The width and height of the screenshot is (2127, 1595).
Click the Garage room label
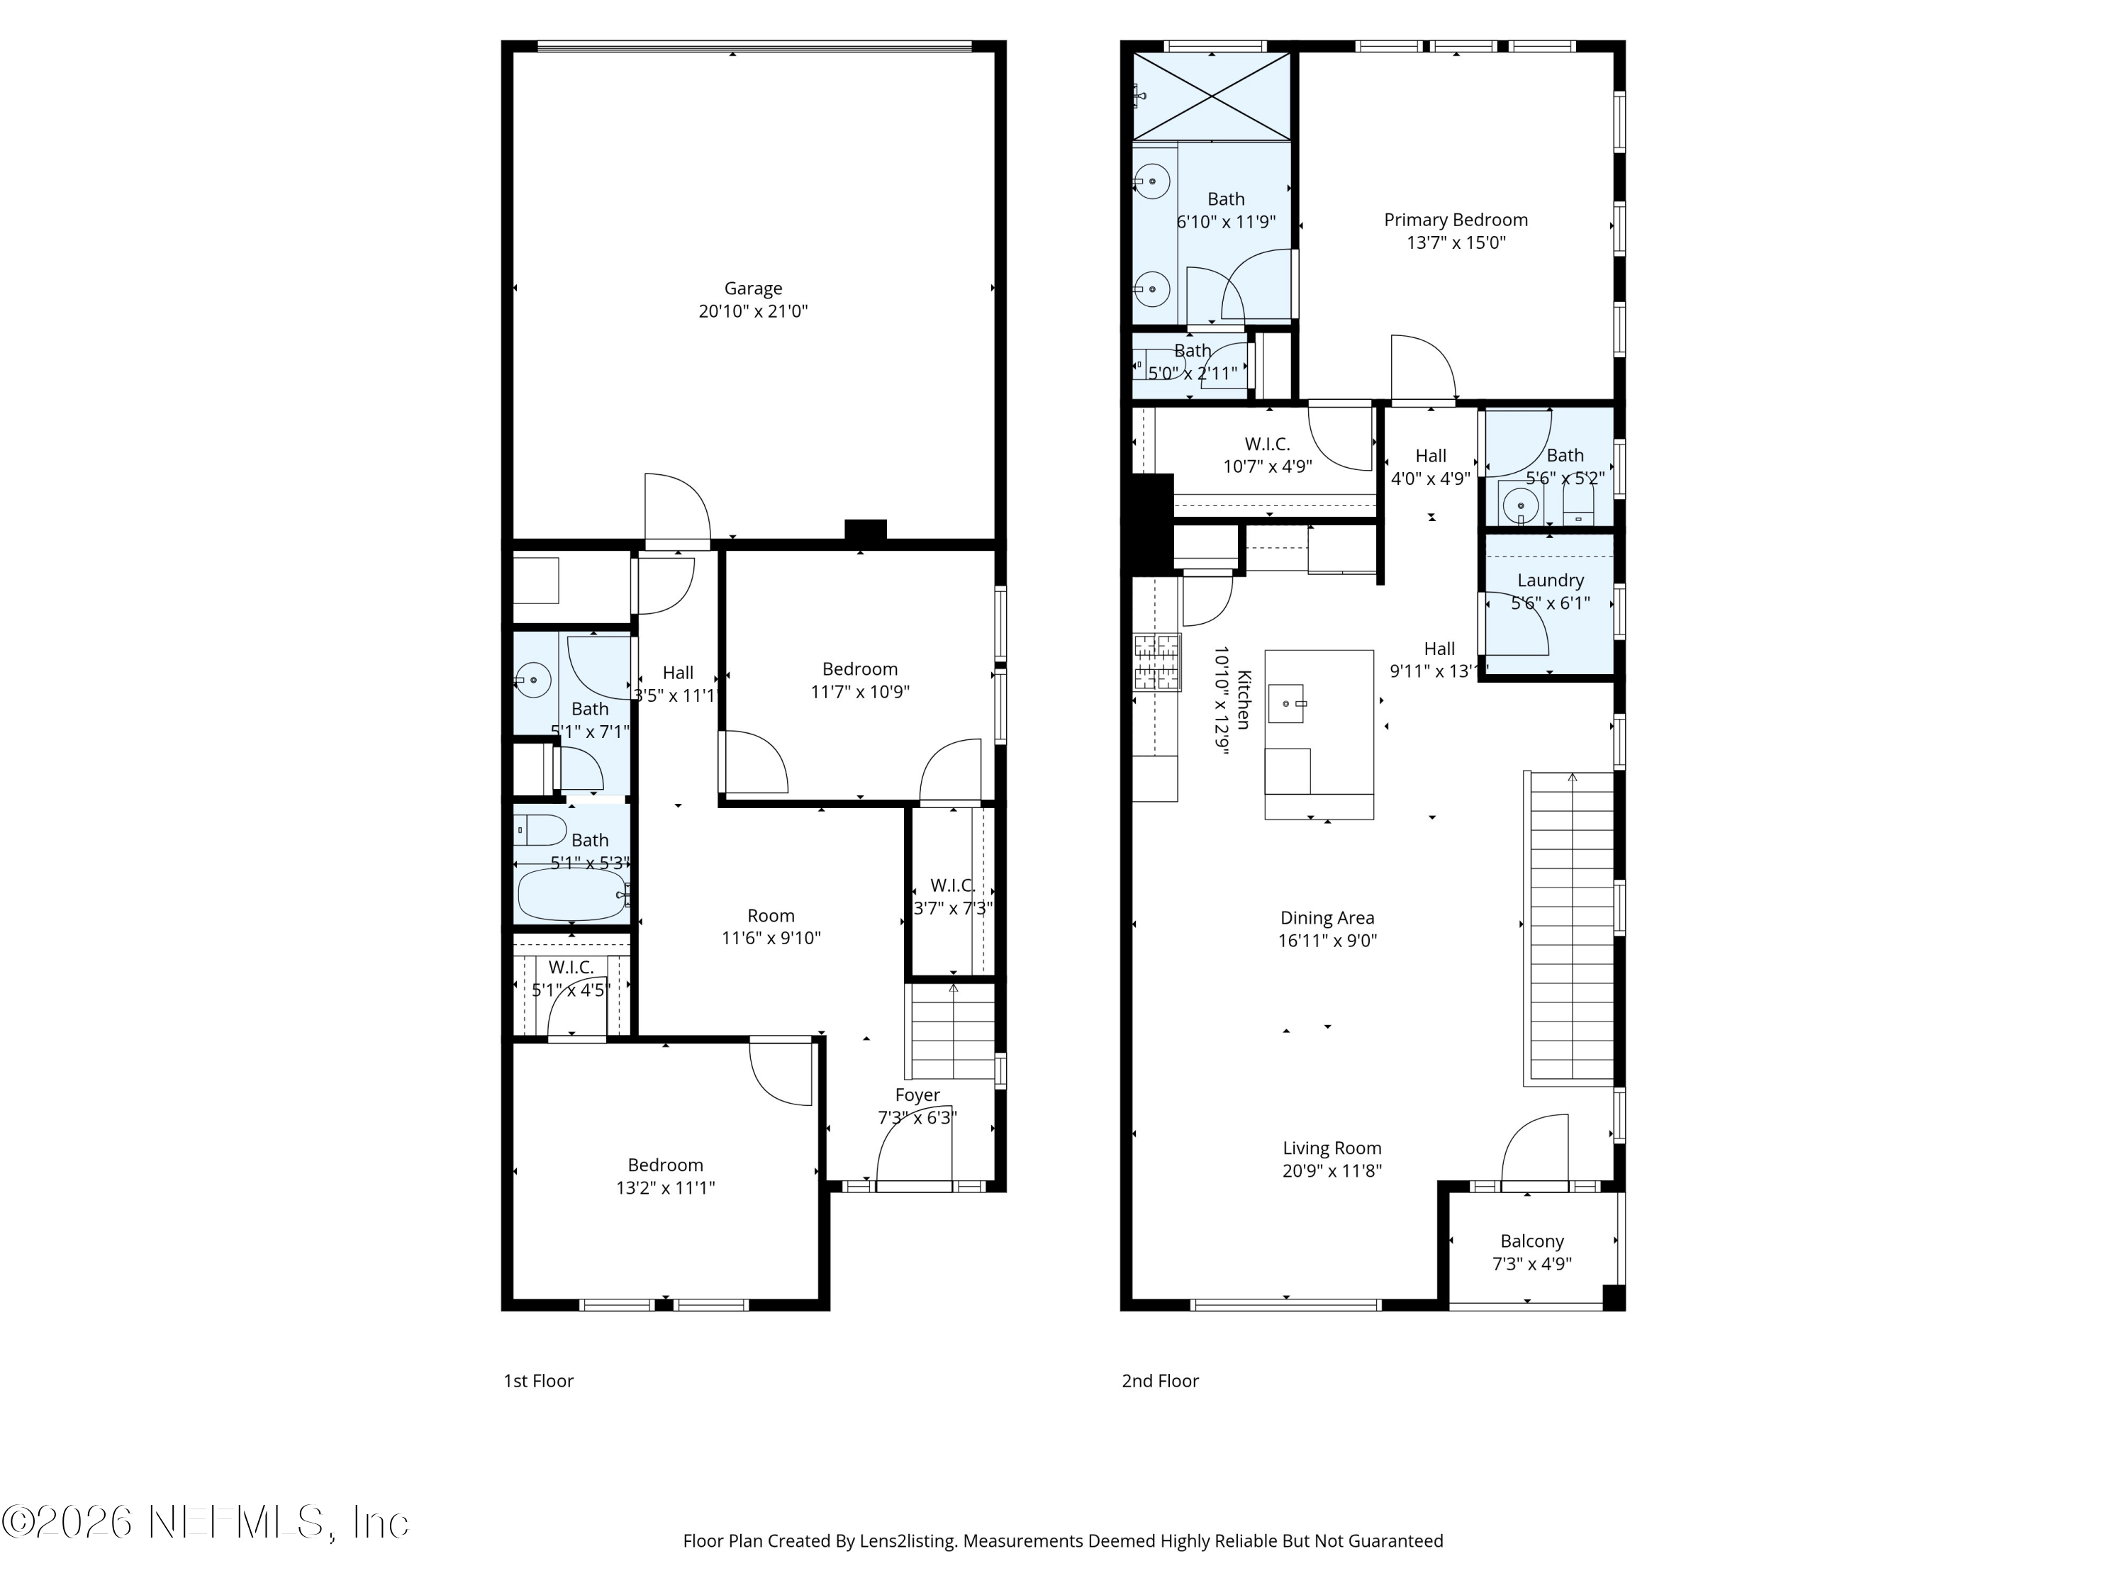point(753,289)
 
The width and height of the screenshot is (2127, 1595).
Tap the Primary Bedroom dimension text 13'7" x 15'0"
point(1456,243)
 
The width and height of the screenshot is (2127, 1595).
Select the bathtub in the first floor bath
point(571,894)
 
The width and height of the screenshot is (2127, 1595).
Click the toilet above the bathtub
point(540,829)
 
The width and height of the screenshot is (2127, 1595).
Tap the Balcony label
point(1531,1241)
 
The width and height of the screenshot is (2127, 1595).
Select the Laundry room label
point(1550,581)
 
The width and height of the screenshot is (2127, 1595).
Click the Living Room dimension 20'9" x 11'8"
point(1332,1171)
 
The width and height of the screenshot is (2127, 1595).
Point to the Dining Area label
point(1327,918)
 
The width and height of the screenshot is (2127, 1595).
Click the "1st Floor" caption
point(538,1381)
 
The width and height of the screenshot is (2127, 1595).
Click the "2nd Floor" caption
point(1160,1381)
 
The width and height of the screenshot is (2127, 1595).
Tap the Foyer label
point(917,1095)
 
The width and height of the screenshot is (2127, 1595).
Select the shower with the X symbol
point(1212,96)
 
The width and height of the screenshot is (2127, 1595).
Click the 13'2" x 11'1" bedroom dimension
point(666,1188)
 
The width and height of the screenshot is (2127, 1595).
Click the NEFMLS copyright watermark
point(205,1522)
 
